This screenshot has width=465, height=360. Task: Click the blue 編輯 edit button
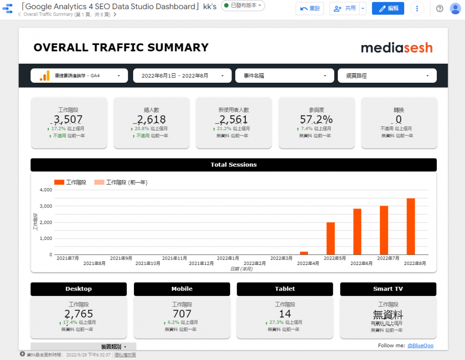pos(388,8)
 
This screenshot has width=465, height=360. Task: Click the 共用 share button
pos(345,8)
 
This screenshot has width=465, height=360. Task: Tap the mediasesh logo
pos(396,48)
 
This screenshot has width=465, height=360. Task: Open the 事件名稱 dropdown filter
pos(285,76)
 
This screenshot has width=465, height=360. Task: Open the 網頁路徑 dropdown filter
pos(387,76)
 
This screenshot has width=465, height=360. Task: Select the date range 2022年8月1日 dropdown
pos(182,76)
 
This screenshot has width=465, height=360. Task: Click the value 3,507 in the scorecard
pos(69,120)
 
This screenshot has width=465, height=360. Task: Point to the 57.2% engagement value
pos(316,120)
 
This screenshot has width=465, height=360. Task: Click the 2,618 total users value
pos(151,120)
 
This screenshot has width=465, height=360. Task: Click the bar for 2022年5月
pos(331,238)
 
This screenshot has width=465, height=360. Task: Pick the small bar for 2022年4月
pos(304,253)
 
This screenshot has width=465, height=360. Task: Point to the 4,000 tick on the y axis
pos(46,190)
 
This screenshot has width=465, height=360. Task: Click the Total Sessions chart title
pos(233,165)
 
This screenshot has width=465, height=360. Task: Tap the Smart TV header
pos(388,289)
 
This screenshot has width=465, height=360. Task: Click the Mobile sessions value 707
pos(182,314)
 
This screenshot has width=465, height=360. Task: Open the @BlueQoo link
pos(420,345)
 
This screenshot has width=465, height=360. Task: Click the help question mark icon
pos(440,9)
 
